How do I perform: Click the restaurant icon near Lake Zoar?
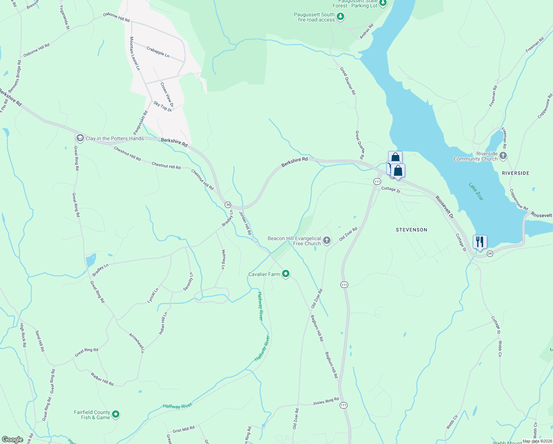479,242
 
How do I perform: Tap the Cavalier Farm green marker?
285,274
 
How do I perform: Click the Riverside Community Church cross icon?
503,156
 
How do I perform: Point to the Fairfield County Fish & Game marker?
116,414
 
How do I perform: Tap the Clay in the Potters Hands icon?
80,138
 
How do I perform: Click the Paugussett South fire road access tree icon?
340,17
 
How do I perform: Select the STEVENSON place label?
411,230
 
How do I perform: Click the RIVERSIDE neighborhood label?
515,173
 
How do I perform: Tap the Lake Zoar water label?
476,191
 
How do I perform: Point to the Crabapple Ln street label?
158,52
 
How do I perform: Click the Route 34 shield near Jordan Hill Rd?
228,205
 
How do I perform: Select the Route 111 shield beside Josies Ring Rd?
344,405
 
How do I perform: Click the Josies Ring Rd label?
326,401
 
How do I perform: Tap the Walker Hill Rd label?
102,379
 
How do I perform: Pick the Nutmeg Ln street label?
223,259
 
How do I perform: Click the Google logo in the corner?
13,439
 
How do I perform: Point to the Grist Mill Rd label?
183,430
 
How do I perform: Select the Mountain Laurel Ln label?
135,53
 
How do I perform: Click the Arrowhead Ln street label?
136,343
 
